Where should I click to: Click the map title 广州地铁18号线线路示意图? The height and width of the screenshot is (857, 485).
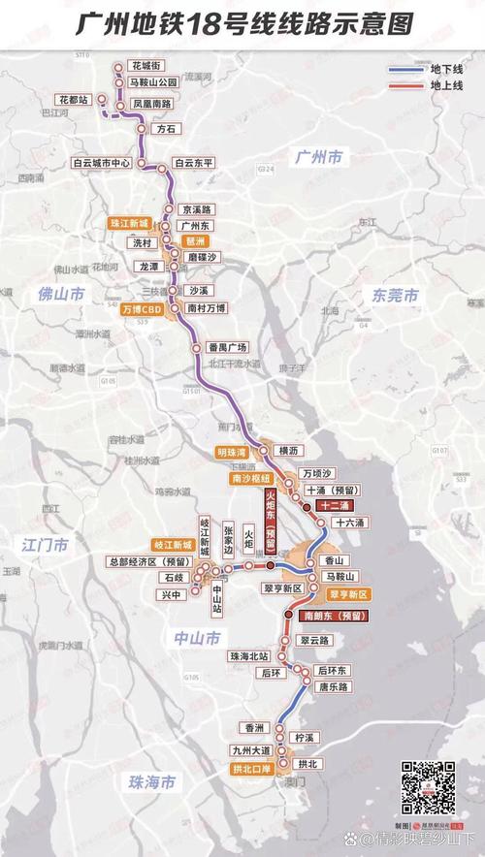[242, 24]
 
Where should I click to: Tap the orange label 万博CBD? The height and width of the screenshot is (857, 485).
[141, 309]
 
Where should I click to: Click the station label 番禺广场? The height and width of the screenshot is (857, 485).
[228, 347]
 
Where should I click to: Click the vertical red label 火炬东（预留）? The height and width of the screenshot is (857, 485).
[271, 520]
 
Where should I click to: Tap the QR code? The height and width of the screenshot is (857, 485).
[429, 786]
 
